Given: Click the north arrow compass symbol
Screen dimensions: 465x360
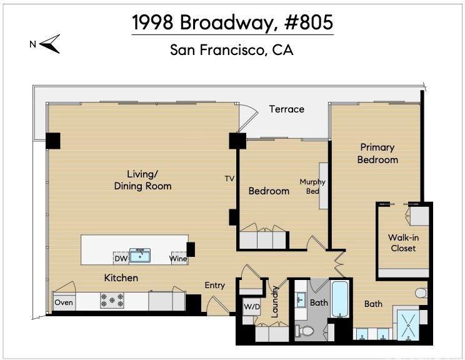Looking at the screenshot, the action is pyautogui.click(x=50, y=44).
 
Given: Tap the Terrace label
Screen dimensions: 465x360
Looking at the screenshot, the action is pyautogui.click(x=286, y=109).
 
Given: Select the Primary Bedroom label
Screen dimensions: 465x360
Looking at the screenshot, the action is pyautogui.click(x=377, y=153).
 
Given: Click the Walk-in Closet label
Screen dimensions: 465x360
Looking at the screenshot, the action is pyautogui.click(x=403, y=242).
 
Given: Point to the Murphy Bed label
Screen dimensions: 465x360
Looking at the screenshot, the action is pyautogui.click(x=312, y=186).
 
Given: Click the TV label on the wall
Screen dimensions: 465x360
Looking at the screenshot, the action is pyautogui.click(x=229, y=179).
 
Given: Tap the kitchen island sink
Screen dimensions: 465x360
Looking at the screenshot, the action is pyautogui.click(x=140, y=256).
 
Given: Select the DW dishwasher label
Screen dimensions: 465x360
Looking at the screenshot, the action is pyautogui.click(x=121, y=259).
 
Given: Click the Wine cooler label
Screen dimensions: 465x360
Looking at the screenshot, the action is pyautogui.click(x=178, y=259).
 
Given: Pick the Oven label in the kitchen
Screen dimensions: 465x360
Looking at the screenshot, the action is pyautogui.click(x=64, y=302).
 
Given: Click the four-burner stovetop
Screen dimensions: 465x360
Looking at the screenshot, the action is pyautogui.click(x=112, y=301).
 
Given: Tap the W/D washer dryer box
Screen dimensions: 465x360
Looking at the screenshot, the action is pyautogui.click(x=251, y=307).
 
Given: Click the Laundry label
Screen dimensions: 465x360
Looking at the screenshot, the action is pyautogui.click(x=274, y=302).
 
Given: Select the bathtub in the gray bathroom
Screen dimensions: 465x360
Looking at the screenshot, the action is pyautogui.click(x=339, y=299).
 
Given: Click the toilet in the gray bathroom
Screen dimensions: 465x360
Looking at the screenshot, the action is pyautogui.click(x=304, y=331).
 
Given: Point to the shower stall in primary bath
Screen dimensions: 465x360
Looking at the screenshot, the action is pyautogui.click(x=408, y=325).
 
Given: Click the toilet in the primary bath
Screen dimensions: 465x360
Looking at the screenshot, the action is pyautogui.click(x=421, y=293).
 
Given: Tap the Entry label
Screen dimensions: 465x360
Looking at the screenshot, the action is pyautogui.click(x=215, y=285).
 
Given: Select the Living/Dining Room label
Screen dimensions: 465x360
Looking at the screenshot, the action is pyautogui.click(x=142, y=180).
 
